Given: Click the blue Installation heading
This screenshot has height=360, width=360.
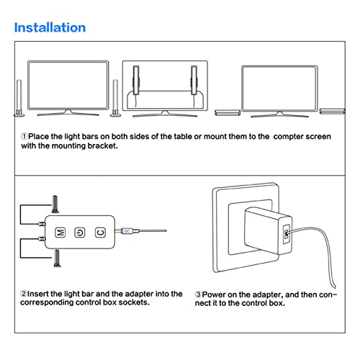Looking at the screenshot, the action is (50, 27).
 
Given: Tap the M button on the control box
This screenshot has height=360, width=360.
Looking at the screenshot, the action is (60, 233).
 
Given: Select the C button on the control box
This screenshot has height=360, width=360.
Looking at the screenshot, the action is (100, 233).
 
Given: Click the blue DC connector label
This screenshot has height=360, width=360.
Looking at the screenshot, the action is (127, 231).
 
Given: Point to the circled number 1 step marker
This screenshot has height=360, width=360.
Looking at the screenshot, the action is (24, 136).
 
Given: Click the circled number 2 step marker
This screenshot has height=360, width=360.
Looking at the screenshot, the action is (24, 294).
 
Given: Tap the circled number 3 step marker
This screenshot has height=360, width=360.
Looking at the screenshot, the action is (198, 294).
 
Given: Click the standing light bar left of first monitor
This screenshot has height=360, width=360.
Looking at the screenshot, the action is (19, 98).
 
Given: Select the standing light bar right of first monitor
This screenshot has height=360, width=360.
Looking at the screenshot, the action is (115, 98).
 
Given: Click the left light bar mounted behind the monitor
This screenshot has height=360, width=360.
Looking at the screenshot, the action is (136, 80).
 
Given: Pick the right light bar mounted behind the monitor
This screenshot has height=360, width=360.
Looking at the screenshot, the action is (194, 80).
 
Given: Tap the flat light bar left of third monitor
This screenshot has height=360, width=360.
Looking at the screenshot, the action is (228, 112).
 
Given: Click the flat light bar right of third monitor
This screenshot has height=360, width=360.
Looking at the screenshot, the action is (333, 111).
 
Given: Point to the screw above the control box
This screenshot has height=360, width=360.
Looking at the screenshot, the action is (55, 204).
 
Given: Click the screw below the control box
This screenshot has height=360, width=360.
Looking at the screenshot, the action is (57, 258).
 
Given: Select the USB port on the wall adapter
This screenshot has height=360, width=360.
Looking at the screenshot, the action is (286, 234).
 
